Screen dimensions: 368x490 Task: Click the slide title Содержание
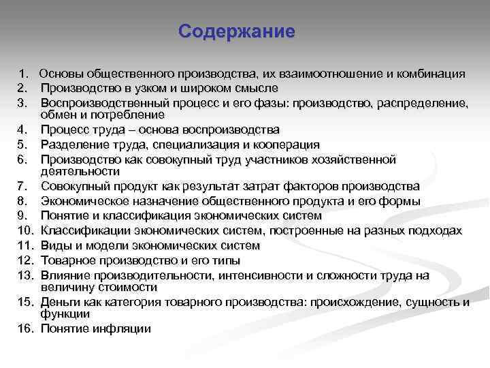236,32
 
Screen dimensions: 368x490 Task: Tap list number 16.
26,328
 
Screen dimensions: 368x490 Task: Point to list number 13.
26,275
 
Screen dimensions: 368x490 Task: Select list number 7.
23,186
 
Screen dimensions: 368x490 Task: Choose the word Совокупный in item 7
73,186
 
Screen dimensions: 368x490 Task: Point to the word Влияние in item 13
65,275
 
